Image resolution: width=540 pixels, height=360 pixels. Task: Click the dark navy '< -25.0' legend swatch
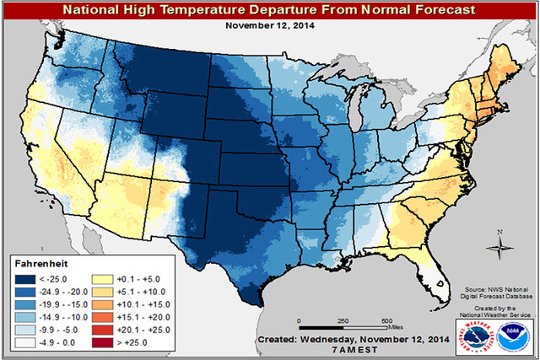point(25,276)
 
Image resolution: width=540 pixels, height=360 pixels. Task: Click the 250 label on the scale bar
point(343,321)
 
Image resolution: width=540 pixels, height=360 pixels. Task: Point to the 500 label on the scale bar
point(385,321)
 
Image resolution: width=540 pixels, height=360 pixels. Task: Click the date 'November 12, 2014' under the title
point(270,25)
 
